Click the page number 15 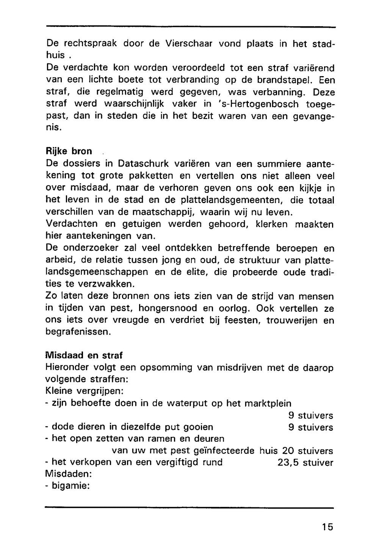point(328,527)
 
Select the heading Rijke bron point(69,152)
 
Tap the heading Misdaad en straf point(84,356)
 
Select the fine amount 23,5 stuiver point(305,463)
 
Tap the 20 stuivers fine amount point(308,451)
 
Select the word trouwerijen point(293,320)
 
